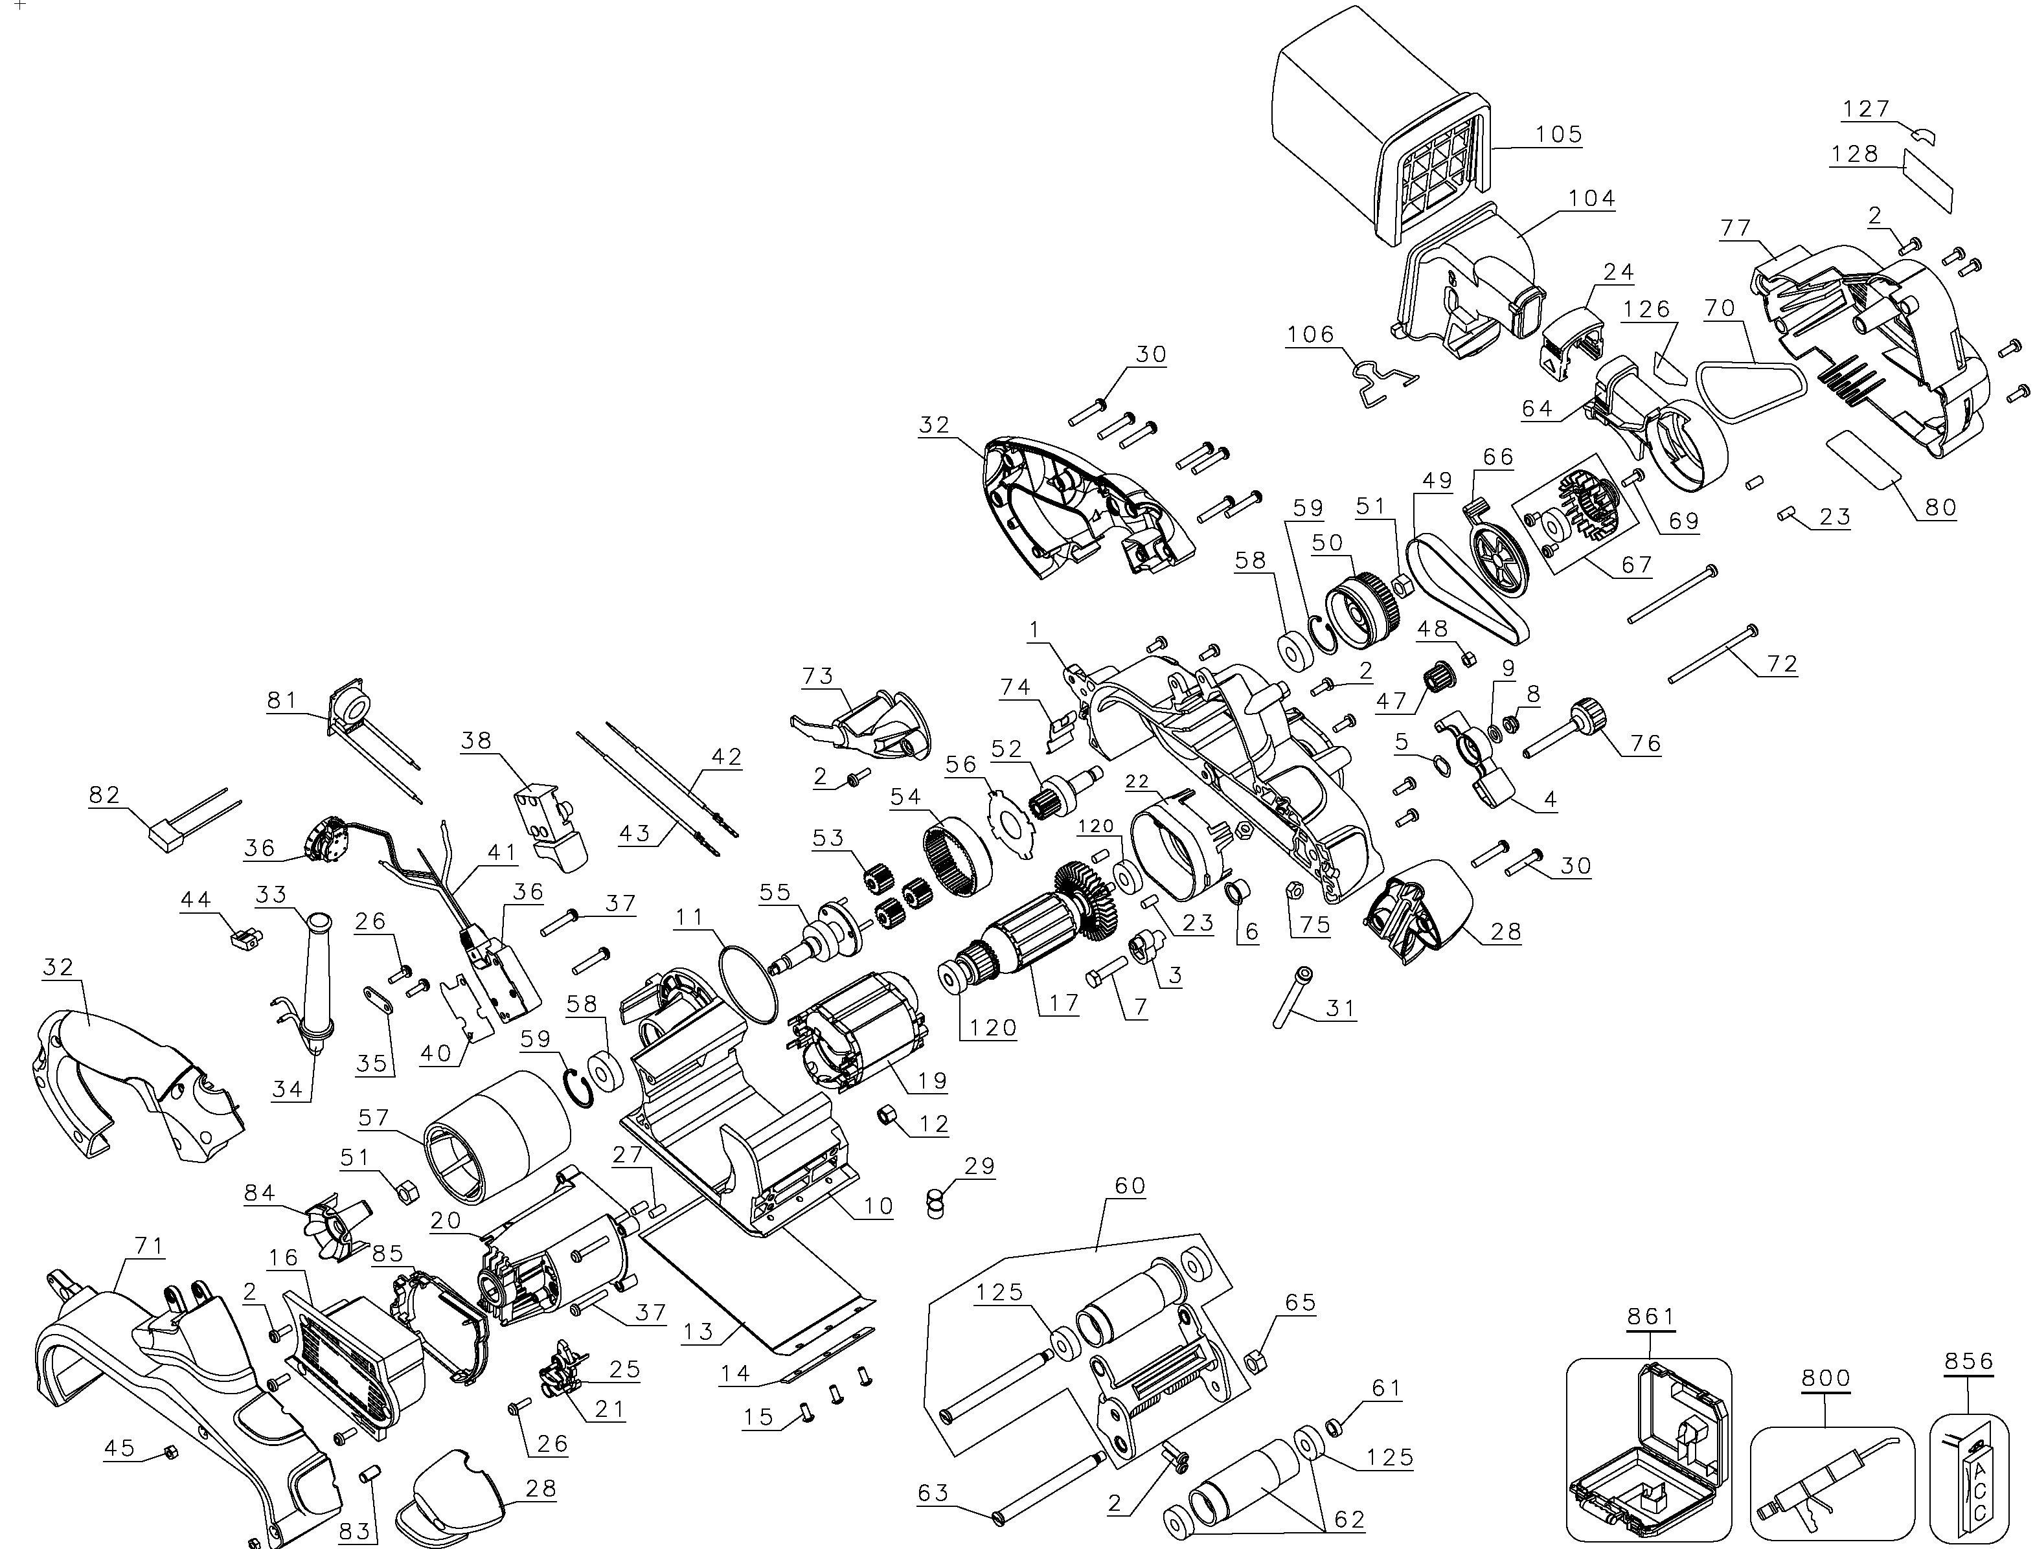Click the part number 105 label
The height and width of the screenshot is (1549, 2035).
pyautogui.click(x=1558, y=135)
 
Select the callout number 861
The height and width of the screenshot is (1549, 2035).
pyautogui.click(x=1650, y=1316)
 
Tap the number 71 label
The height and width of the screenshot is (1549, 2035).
pyautogui.click(x=148, y=1247)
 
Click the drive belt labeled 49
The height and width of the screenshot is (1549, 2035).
pyautogui.click(x=1466, y=590)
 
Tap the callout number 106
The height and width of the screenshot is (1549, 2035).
pyautogui.click(x=1310, y=335)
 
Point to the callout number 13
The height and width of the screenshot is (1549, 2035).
pyautogui.click(x=698, y=1332)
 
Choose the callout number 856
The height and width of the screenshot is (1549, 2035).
pyautogui.click(x=1968, y=1361)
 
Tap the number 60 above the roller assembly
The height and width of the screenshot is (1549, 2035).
pyautogui.click(x=1130, y=1186)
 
